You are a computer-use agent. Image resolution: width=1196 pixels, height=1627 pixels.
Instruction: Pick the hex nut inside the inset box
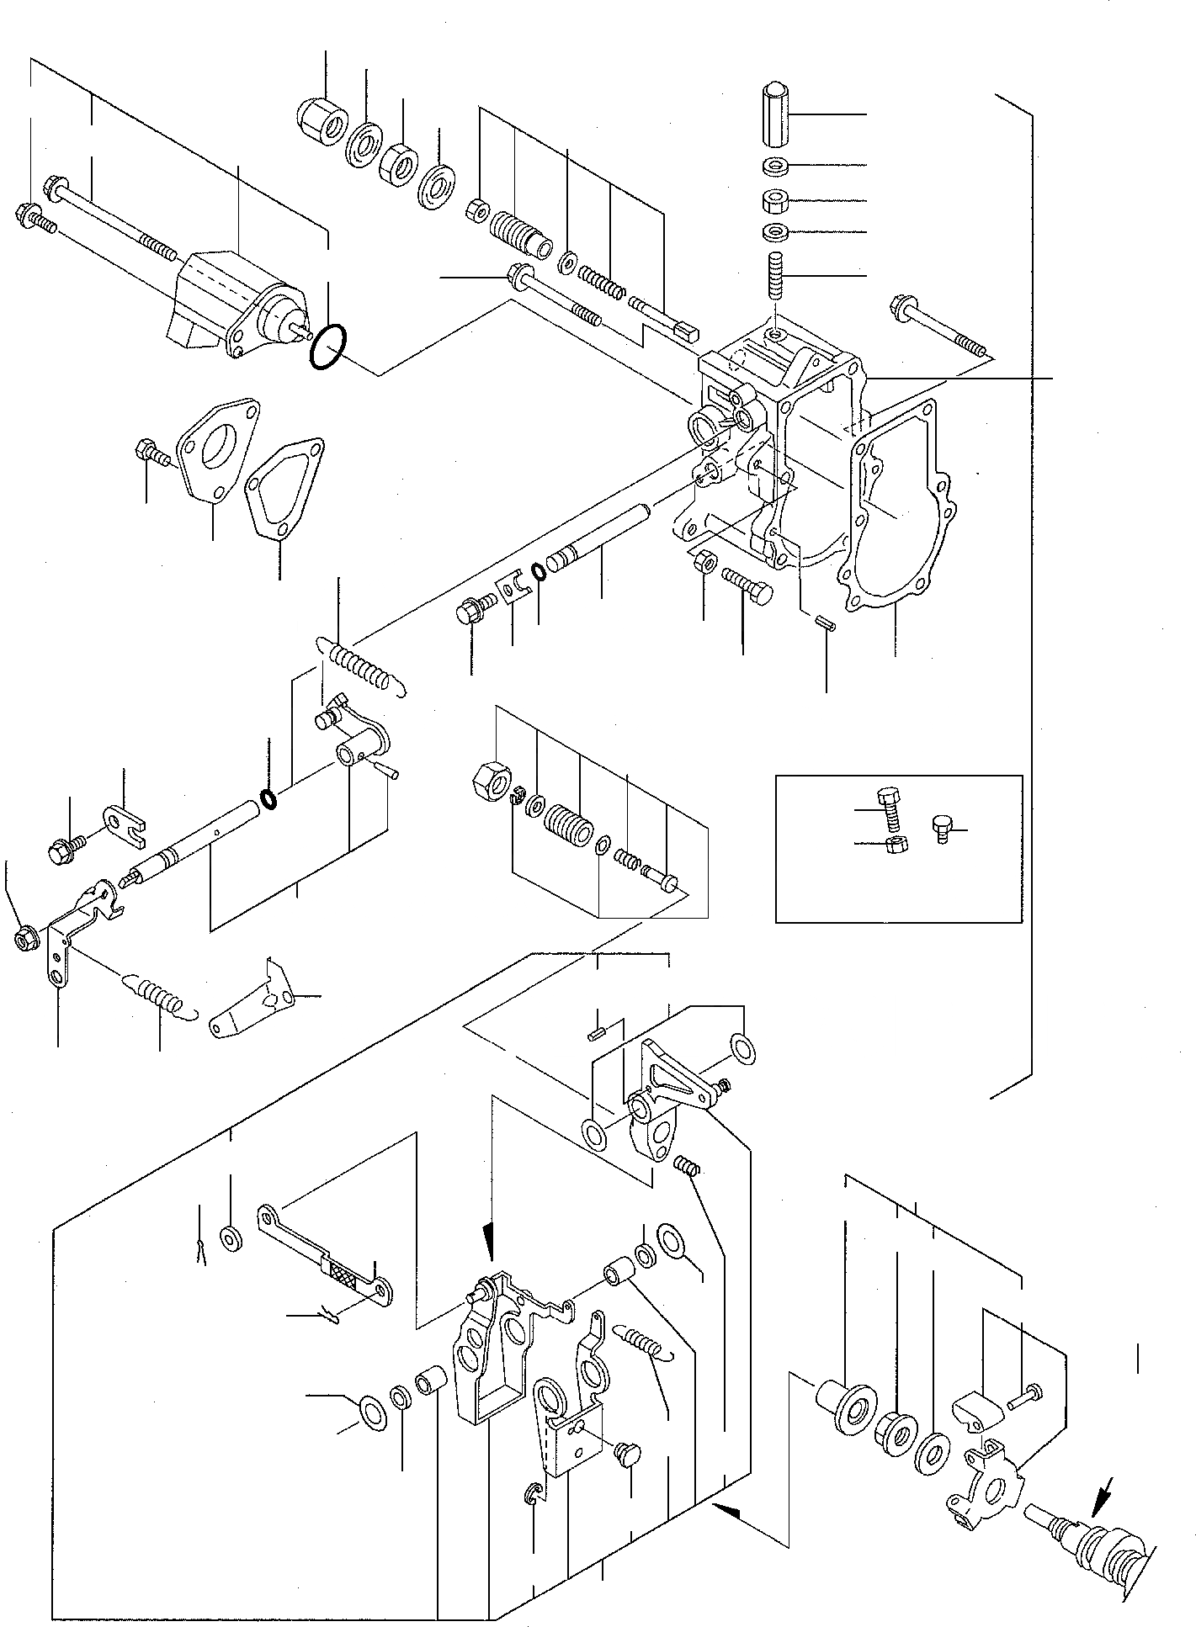[897, 845]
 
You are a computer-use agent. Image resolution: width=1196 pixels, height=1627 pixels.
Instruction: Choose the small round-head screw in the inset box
[942, 829]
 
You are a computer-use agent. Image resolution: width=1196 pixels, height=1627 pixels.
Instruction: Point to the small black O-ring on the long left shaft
[268, 798]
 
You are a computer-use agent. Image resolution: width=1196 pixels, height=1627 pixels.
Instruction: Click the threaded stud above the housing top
[775, 276]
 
